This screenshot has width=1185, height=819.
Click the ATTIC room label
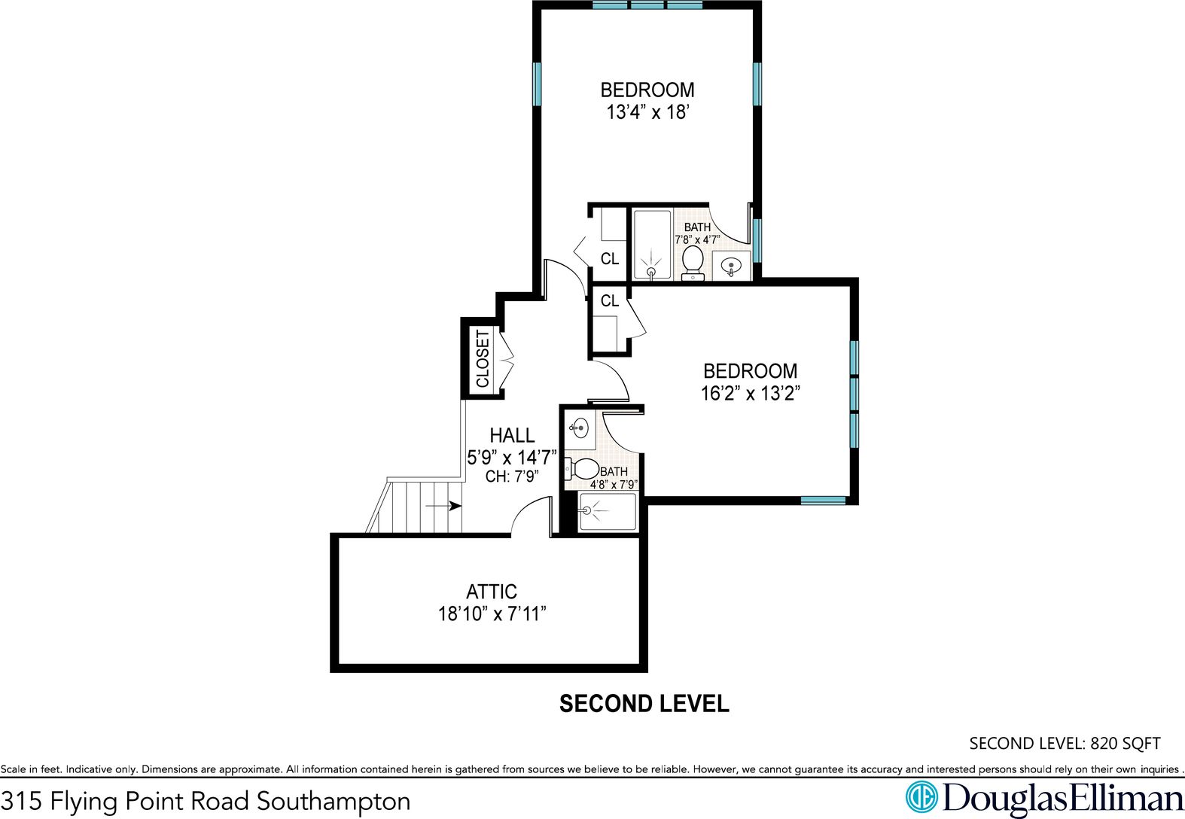[492, 591]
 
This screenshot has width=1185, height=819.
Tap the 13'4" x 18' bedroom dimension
[647, 112]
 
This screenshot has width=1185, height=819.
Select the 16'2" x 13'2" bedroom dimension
[750, 394]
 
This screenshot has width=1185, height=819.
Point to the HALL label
[512, 435]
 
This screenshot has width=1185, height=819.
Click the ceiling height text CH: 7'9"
[512, 476]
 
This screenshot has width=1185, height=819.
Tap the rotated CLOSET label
[483, 359]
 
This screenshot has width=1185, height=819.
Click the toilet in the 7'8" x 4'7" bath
[693, 263]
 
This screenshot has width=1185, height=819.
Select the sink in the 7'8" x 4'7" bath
[731, 266]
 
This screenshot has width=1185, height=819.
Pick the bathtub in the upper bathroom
[652, 245]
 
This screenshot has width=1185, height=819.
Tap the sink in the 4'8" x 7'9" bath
[579, 428]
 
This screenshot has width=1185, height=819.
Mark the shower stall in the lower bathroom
[608, 511]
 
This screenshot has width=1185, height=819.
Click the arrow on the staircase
[443, 506]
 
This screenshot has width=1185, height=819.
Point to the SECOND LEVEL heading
[644, 704]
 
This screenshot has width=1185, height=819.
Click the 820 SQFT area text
[1126, 743]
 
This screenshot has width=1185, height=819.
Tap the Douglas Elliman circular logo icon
[921, 796]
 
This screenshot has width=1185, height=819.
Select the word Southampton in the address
[334, 802]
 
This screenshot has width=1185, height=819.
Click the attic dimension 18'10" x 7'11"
[492, 613]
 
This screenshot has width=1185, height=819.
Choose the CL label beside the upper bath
[610, 259]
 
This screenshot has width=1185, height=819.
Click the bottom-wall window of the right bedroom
[823, 501]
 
